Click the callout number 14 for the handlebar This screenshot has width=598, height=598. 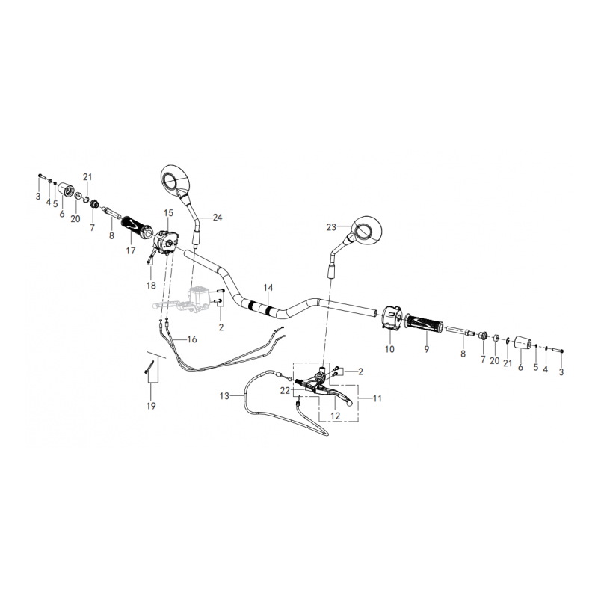point(268,287)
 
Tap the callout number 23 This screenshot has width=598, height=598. point(332,226)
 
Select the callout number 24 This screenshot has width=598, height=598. point(218,218)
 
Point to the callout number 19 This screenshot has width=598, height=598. point(151,406)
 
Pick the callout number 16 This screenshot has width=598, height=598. point(192,339)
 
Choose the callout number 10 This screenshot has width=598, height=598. point(389,349)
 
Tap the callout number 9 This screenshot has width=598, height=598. point(425,348)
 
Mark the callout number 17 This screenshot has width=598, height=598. point(131,251)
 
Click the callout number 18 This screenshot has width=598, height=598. point(151,286)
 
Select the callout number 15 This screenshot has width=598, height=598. point(168,213)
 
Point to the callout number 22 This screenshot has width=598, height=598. point(285,390)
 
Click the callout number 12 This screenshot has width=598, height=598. point(336,415)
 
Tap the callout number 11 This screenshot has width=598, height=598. point(377,398)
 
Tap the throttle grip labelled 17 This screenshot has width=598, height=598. point(137,224)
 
